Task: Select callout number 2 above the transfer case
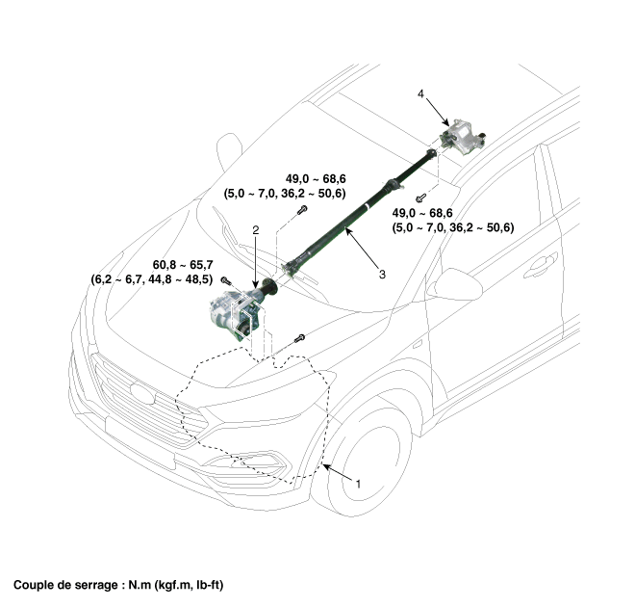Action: point(256,231)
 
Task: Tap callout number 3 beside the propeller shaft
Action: point(382,275)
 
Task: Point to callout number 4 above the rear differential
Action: point(421,93)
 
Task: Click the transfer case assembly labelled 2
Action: point(235,310)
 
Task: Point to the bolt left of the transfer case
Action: point(226,280)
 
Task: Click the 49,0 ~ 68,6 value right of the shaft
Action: point(423,214)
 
